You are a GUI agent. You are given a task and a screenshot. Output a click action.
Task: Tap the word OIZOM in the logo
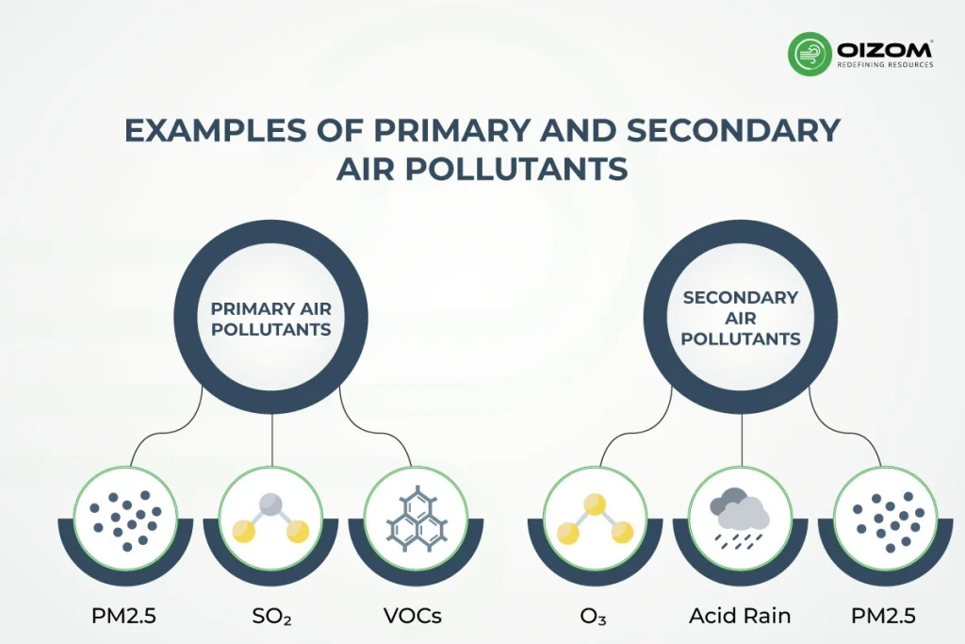884,47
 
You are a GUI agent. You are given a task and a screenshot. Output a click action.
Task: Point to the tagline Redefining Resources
885,65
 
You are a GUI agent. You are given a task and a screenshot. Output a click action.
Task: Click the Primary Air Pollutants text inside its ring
271,319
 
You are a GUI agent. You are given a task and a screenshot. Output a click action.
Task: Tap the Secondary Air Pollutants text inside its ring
740,318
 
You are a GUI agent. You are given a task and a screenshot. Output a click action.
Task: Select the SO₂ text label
271,617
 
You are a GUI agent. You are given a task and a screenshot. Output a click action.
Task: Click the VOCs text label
412,617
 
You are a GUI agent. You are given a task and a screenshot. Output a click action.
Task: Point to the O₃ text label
595,617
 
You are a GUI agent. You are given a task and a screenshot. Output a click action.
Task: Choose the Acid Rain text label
740,617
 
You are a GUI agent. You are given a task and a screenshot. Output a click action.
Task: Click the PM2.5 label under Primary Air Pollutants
126,617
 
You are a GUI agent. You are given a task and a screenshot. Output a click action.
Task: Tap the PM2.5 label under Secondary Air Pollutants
883,617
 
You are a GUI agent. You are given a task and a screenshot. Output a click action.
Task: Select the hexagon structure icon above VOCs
414,518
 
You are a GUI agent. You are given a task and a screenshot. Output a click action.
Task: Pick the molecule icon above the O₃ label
595,518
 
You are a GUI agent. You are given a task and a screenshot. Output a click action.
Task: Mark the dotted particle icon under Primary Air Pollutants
126,518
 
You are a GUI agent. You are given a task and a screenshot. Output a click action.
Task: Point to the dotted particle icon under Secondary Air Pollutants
883,518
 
